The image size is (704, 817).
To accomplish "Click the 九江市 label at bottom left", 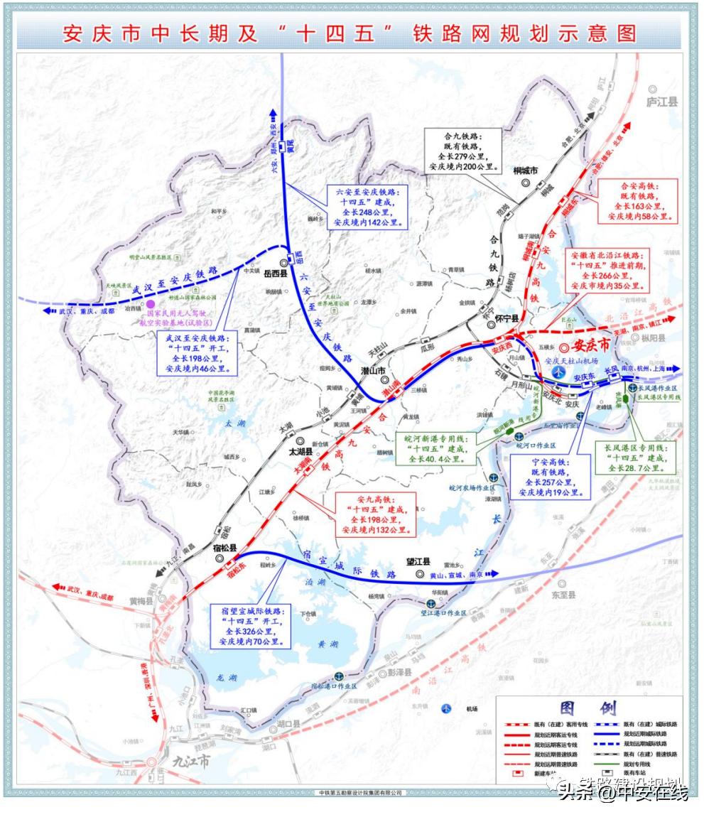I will pos(192,761).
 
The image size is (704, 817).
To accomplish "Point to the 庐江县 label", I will pos(662,102).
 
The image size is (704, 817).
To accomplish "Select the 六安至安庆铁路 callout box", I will pos(368,207).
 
